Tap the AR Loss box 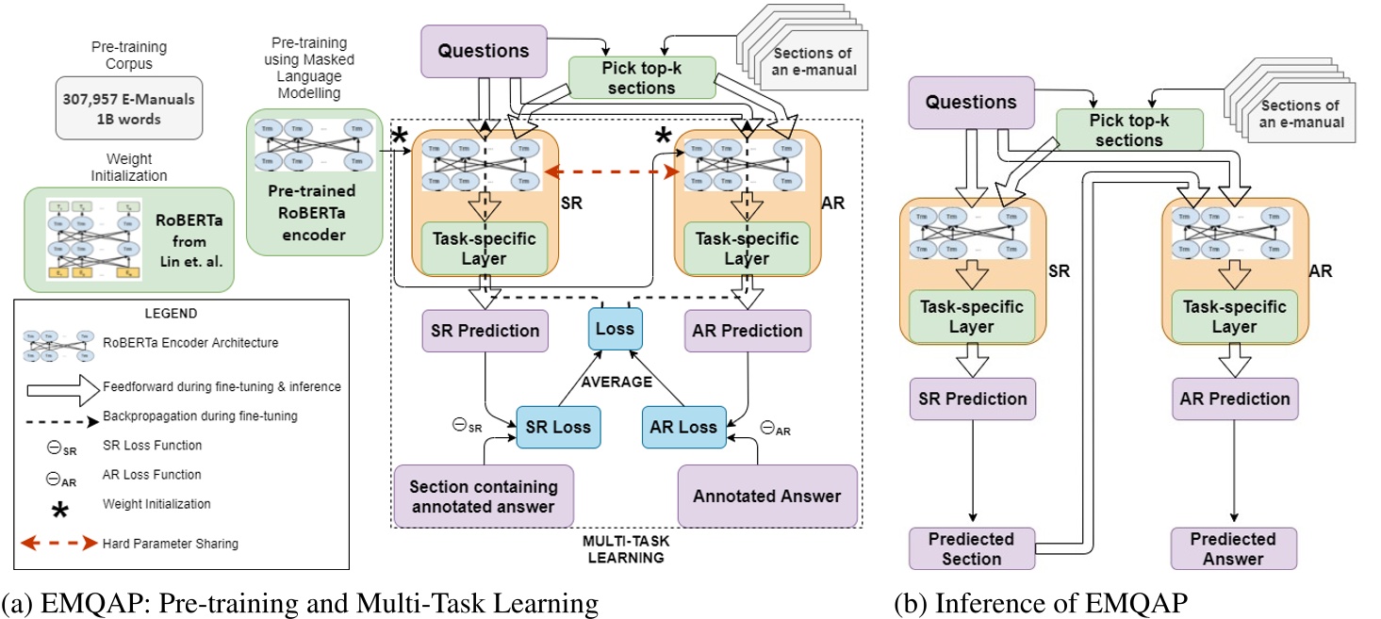tap(684, 428)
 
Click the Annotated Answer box tap(767, 496)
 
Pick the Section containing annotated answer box tap(483, 497)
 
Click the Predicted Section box tap(972, 548)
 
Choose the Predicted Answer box tap(1233, 548)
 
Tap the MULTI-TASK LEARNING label tap(625, 551)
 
